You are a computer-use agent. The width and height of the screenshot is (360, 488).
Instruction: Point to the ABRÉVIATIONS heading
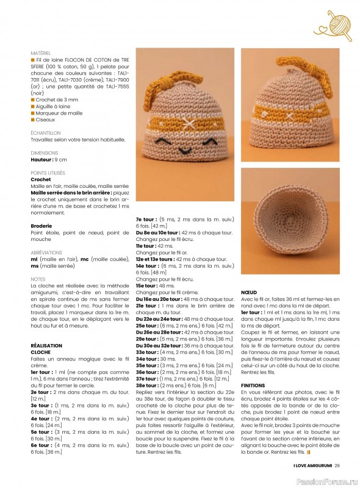coord(46,252)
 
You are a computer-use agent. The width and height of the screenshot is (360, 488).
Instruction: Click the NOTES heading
coord(38,279)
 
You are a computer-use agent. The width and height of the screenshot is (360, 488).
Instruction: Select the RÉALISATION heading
coord(46,345)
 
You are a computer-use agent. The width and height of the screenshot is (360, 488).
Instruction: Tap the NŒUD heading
coord(250,292)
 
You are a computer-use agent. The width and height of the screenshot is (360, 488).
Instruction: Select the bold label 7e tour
coord(146,218)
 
